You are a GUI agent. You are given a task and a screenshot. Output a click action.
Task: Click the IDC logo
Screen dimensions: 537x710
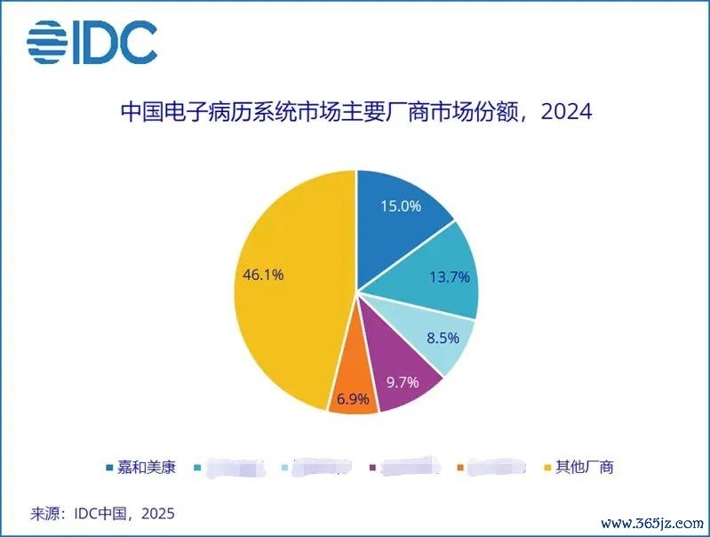coord(92,42)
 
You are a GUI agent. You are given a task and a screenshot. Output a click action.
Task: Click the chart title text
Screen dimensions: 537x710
coord(355,113)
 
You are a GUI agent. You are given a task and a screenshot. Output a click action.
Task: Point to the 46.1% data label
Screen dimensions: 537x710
coord(263,276)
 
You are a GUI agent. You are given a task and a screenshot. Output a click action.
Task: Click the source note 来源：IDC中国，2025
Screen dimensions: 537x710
coord(102,513)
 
